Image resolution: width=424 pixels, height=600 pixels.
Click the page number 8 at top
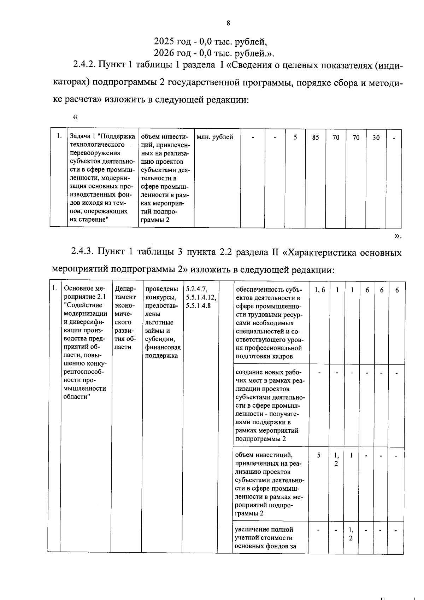pos(228,23)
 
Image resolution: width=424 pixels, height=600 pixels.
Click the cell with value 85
pos(316,137)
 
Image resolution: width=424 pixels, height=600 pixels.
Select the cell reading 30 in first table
pos(376,138)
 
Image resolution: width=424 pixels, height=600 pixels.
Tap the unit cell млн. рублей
pos(215,137)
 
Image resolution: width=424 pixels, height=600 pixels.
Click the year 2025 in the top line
pos(165,42)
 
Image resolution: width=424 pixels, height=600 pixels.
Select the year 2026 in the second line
pos(165,53)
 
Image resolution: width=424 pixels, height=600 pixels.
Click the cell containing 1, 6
pos(319,290)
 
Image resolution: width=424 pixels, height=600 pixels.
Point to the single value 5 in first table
pos(295,137)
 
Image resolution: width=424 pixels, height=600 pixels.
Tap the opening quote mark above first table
pos(75,116)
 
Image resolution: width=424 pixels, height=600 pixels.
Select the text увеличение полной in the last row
pos(264,529)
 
